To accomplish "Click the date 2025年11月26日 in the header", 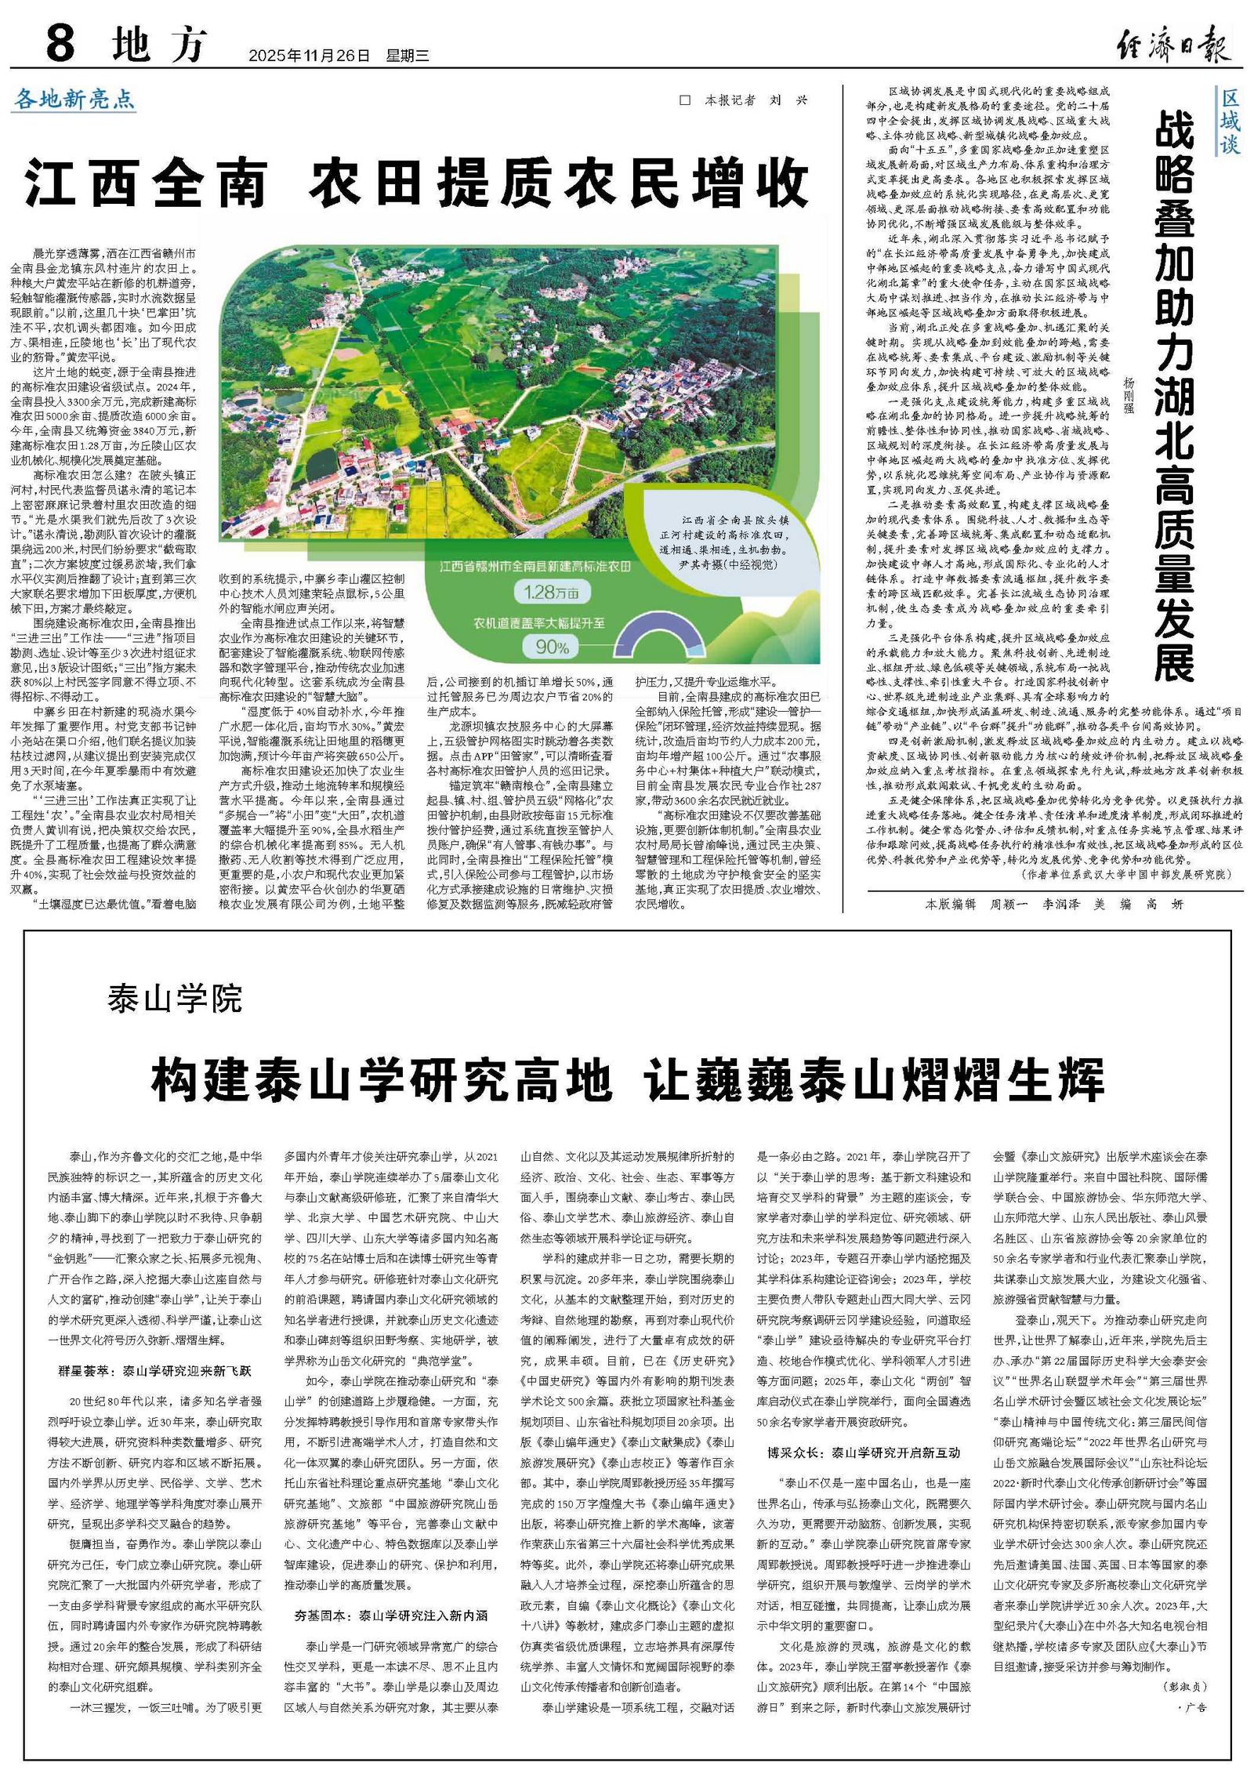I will (x=308, y=56).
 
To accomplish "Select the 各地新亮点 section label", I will (x=74, y=100).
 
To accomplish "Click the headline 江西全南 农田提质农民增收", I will (x=416, y=182).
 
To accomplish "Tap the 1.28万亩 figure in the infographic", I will (x=552, y=593).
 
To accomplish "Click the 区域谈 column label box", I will (x=1230, y=121).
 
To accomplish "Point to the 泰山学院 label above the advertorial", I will (x=176, y=999).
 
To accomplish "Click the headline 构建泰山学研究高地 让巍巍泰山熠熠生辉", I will (x=627, y=1080).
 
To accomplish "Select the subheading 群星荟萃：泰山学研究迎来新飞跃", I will (x=155, y=1372).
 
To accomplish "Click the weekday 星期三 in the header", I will (x=407, y=56).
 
